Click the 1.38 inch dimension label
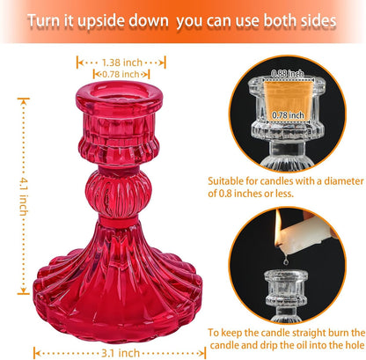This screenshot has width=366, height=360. (122, 62)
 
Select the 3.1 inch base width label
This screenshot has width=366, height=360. (121, 353)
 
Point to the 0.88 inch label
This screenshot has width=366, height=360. (288, 73)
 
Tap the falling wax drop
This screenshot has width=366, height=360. (285, 261)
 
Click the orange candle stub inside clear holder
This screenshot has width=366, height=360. (288, 99)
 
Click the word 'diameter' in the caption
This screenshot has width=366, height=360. (344, 181)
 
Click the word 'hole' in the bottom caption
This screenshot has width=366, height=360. (355, 345)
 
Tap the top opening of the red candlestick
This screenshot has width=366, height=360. (119, 90)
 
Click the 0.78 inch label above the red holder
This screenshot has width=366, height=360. (121, 74)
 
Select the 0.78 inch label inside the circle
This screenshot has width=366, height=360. (288, 115)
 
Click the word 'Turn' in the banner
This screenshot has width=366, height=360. (42, 21)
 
